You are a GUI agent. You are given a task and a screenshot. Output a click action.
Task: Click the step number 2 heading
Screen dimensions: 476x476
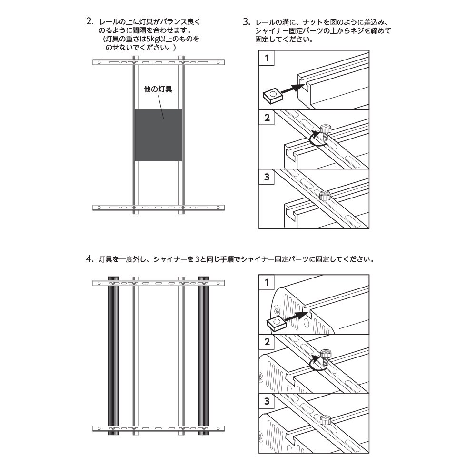[x=89, y=22]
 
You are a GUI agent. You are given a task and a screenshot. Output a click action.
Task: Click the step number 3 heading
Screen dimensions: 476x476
[x=246, y=22]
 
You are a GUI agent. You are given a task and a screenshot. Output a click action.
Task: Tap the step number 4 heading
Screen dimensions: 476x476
[x=89, y=259]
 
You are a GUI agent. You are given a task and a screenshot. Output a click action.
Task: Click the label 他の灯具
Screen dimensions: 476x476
[x=158, y=89]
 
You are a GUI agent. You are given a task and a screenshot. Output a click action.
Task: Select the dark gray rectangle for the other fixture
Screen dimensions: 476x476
[x=158, y=135]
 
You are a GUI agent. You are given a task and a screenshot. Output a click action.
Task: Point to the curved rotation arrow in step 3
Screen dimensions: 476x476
[x=315, y=139]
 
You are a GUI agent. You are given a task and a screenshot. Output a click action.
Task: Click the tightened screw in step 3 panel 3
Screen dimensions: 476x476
[x=325, y=195]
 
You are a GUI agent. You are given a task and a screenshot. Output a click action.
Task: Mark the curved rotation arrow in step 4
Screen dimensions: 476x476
[x=315, y=365]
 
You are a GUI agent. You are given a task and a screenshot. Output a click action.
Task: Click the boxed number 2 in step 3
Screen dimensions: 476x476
[x=267, y=118]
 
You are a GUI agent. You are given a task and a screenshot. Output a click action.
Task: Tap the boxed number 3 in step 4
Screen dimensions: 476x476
[x=267, y=401]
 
